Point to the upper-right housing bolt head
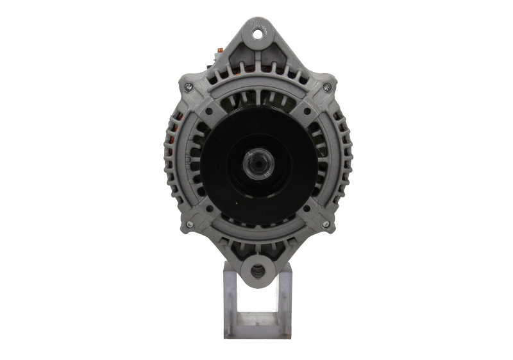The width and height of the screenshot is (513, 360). [x=327, y=87]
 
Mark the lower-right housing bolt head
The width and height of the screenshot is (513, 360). [x=325, y=223]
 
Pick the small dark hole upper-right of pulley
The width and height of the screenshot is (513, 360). [x=307, y=110]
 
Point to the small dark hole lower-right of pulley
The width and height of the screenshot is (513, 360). [x=306, y=209]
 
